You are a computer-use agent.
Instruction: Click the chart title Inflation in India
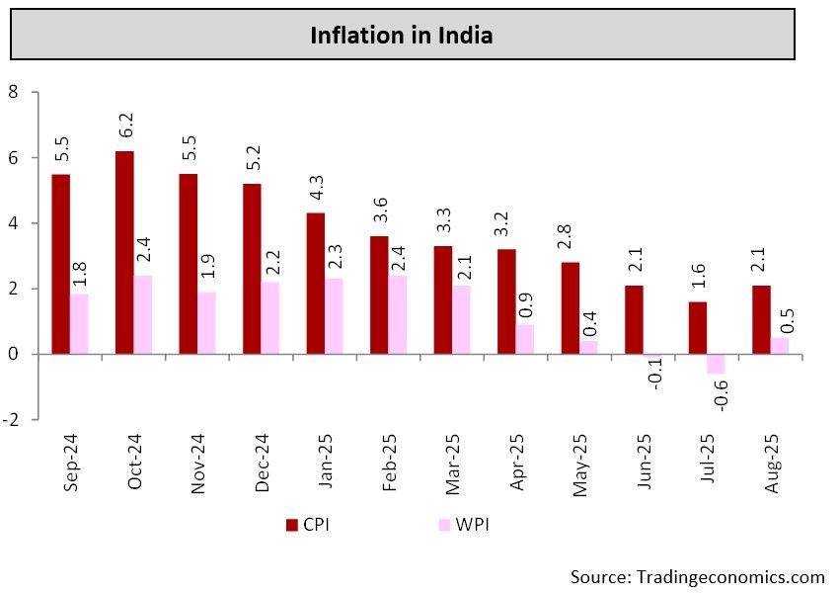[402, 37]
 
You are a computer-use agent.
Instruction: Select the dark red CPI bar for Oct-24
[125, 252]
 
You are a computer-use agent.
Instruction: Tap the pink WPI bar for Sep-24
[80, 323]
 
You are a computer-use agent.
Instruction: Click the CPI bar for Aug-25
[762, 319]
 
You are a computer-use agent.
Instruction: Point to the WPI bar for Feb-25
[398, 314]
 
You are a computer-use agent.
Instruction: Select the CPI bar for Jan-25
[316, 283]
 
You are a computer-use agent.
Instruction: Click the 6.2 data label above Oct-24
[125, 127]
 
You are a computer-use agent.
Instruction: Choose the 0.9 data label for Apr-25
[526, 299]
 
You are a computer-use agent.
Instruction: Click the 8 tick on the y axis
[14, 92]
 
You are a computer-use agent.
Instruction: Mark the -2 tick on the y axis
[11, 419]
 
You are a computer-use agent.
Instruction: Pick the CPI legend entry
[307, 524]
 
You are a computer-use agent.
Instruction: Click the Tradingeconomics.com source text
[697, 576]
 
